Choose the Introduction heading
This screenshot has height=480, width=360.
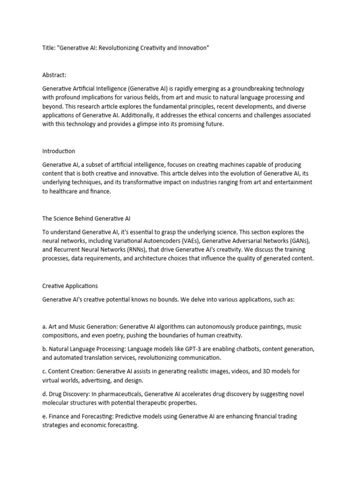click(x=59, y=151)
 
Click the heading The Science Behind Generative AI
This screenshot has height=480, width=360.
click(x=89, y=218)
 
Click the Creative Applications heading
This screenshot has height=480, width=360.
click(x=70, y=285)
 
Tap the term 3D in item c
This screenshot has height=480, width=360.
click(x=252, y=371)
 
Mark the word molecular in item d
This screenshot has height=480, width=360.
click(x=60, y=403)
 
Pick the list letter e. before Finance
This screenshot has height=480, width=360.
click(x=45, y=416)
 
